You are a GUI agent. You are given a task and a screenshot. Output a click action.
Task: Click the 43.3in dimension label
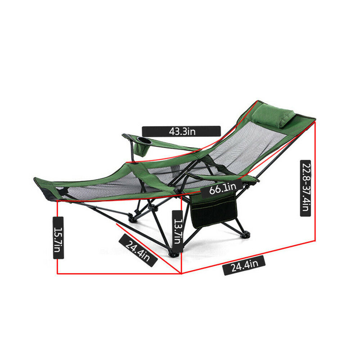[x=181, y=131]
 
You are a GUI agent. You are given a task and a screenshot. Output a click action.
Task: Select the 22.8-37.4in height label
[x=306, y=188]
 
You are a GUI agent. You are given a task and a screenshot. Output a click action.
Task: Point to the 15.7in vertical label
[x=58, y=238]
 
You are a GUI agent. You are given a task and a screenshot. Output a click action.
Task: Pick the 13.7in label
[x=178, y=231]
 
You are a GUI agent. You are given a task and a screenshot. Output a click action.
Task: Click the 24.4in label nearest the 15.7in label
[x=138, y=251]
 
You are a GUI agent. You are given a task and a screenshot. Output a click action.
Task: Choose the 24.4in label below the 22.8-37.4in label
[x=244, y=265]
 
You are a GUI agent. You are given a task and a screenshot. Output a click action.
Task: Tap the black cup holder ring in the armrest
[x=144, y=140]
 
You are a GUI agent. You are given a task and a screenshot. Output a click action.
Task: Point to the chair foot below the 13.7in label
[x=174, y=254]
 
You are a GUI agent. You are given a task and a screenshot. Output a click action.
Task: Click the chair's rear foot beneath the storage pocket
[x=245, y=234]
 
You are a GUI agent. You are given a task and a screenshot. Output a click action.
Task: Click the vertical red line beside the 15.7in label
[x=57, y=237]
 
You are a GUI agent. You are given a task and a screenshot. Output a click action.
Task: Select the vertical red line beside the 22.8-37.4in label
[x=315, y=181]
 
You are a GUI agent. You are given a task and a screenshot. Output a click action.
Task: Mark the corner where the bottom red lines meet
[x=181, y=274]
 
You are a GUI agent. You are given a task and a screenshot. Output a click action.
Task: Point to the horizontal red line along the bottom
[x=119, y=274]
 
